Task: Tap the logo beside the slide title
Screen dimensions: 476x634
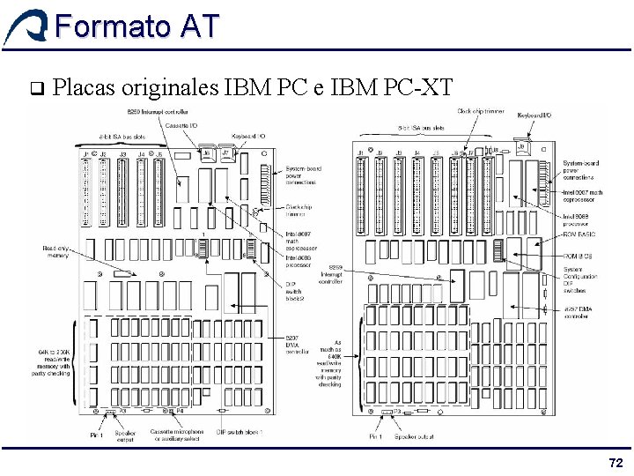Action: tap(26, 26)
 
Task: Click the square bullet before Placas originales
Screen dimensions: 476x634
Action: tap(36, 88)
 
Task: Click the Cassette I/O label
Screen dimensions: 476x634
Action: tap(181, 126)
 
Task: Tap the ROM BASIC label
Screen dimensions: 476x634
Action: tap(579, 234)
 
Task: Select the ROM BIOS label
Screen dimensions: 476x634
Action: tap(578, 256)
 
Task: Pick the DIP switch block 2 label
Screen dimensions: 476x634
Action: tap(295, 291)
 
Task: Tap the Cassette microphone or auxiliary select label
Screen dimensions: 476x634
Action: tap(177, 435)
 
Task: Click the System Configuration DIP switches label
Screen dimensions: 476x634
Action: tap(580, 279)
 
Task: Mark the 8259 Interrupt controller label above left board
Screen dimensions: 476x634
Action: tap(158, 112)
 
